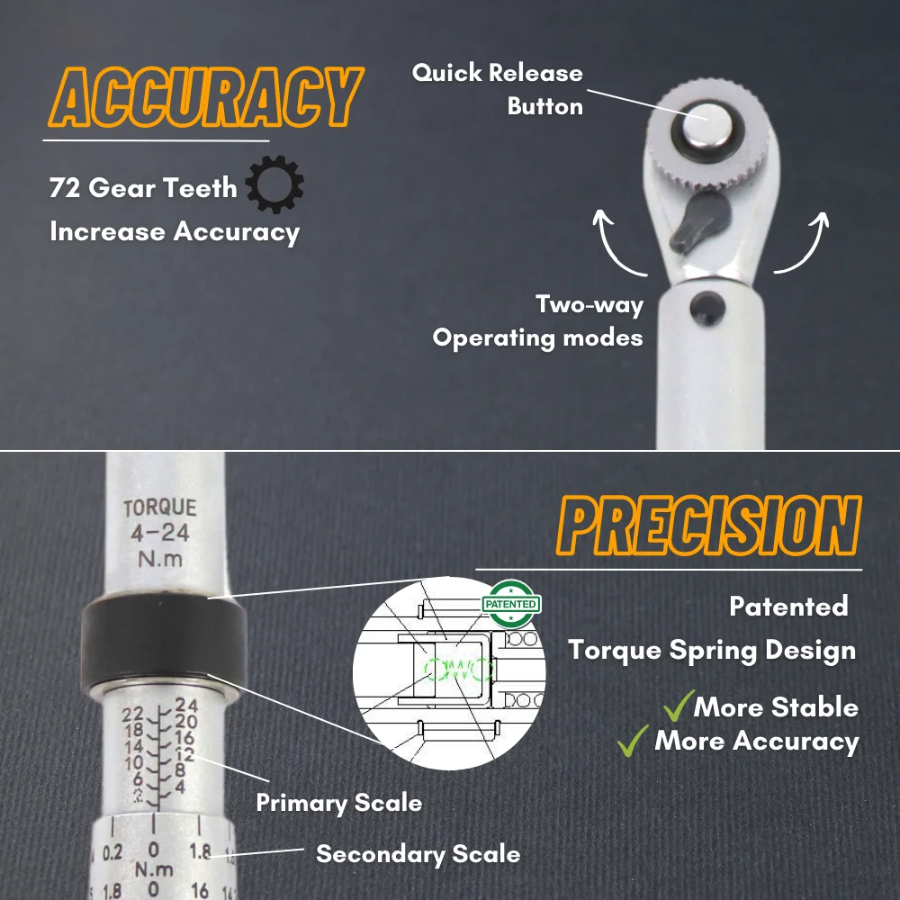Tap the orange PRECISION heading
[708, 527]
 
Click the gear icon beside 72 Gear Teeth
[274, 186]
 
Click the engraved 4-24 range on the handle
[159, 534]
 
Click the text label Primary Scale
[339, 802]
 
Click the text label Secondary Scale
[418, 853]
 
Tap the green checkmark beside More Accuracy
[635, 741]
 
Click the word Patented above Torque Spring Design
[788, 606]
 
